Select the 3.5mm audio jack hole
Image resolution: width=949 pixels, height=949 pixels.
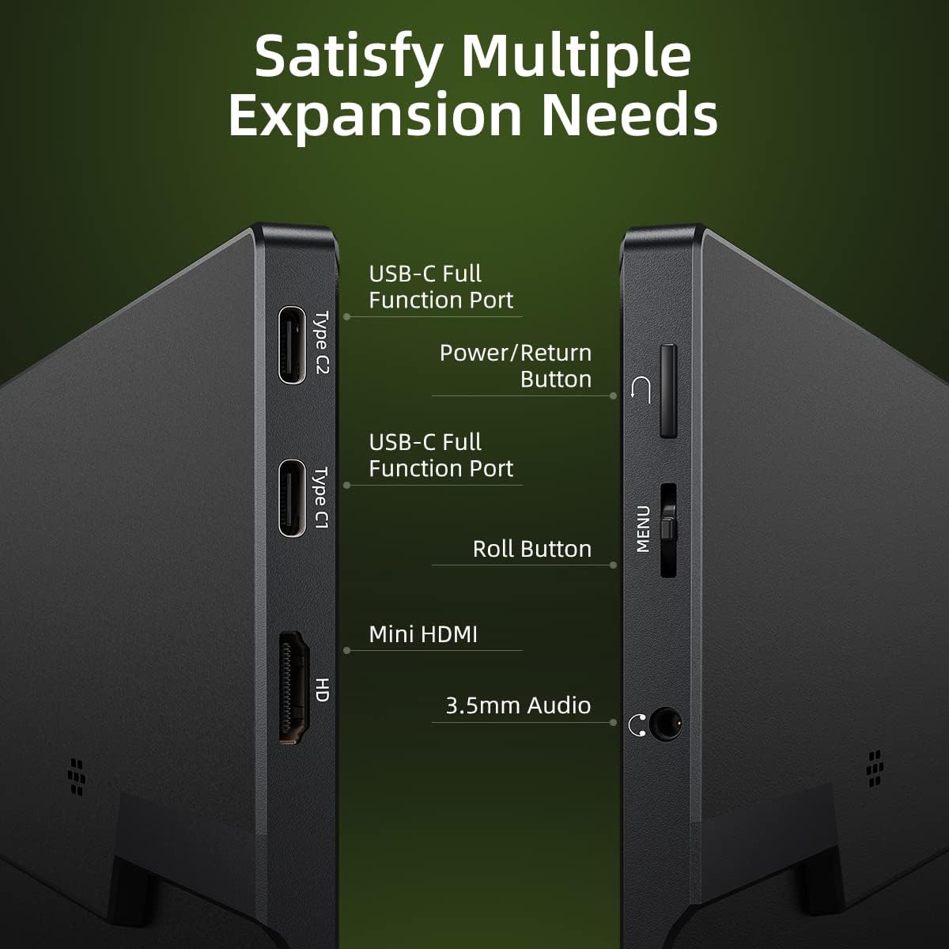665,723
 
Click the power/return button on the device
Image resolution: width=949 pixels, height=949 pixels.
668,390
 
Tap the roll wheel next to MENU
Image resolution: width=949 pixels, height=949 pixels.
668,530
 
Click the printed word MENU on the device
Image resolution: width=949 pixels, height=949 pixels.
643,529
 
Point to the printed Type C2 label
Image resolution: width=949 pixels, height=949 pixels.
321,342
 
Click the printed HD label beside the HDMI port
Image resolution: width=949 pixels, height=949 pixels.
321,690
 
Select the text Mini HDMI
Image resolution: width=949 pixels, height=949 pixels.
423,634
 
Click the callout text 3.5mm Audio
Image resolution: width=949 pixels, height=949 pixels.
518,705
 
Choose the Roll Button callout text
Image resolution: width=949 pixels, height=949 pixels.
531,549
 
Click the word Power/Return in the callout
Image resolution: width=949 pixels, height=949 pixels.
515,353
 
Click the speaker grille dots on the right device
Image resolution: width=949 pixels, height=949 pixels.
875,768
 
